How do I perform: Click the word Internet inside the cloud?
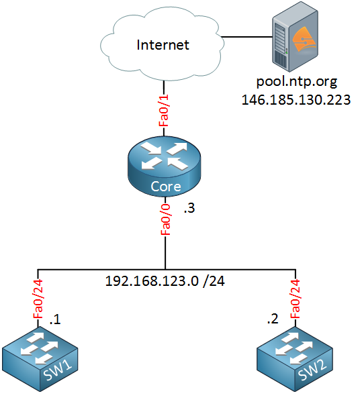(x=163, y=46)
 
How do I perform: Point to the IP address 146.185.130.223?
(x=296, y=99)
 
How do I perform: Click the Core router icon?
(x=165, y=167)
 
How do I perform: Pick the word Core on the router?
(x=165, y=187)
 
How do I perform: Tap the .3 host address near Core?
(x=191, y=209)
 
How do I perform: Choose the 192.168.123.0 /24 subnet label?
(x=165, y=282)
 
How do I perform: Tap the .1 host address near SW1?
(x=56, y=320)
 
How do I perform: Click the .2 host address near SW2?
(x=272, y=320)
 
